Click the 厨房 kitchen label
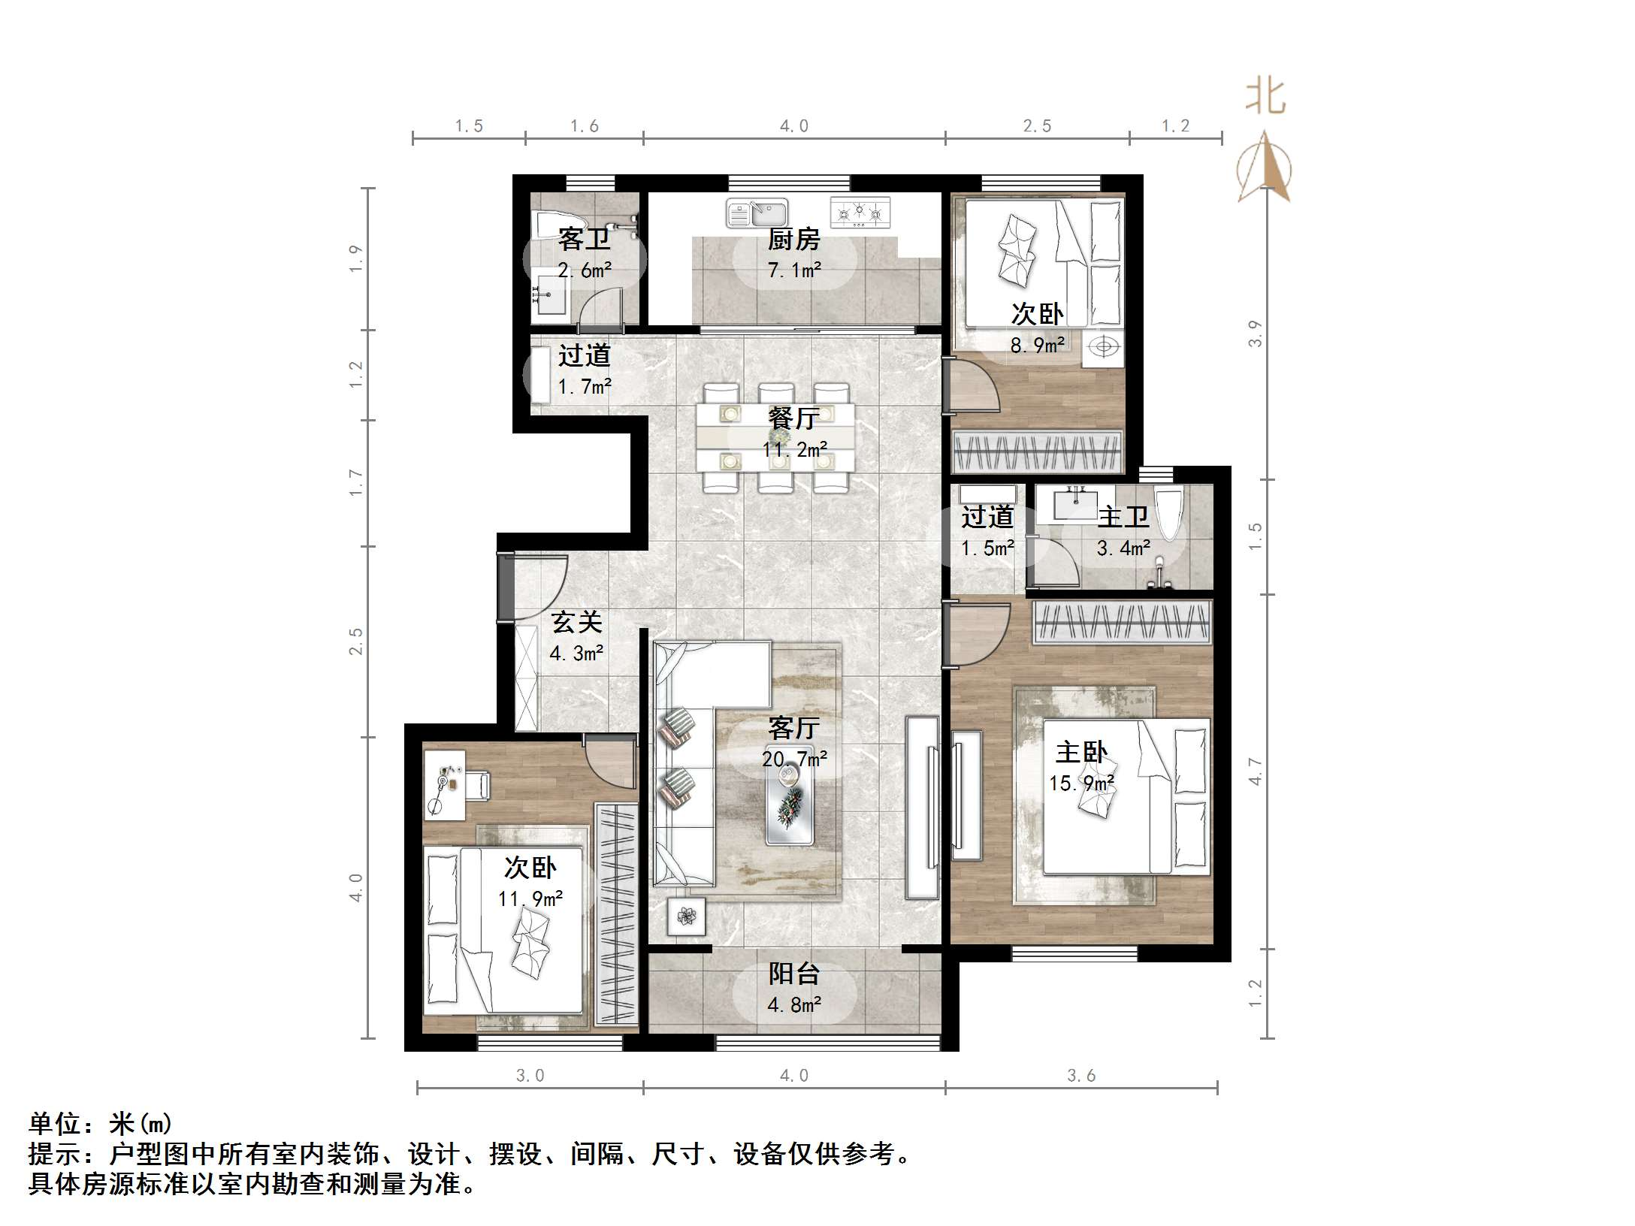point(793,240)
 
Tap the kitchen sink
point(757,213)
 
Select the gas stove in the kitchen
point(860,213)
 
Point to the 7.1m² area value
point(794,270)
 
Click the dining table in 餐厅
point(775,437)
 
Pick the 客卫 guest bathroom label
point(584,240)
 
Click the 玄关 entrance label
point(576,623)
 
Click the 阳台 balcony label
point(793,974)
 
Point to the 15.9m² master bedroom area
point(1081,784)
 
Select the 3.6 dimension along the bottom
point(1081,1076)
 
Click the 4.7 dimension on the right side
point(1255,772)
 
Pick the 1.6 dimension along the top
point(584,126)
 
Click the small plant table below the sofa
point(686,916)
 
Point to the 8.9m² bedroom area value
point(1037,346)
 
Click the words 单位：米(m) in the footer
point(101,1124)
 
